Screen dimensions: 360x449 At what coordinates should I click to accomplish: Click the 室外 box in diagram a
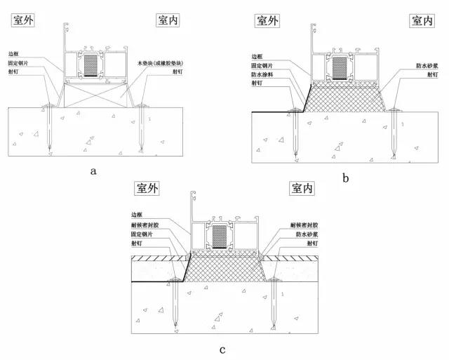coord(25,20)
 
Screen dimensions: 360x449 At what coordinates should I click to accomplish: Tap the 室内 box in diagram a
coord(170,20)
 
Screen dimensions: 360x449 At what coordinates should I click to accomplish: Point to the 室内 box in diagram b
coord(420,21)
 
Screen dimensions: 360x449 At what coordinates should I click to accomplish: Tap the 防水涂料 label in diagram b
coord(260,74)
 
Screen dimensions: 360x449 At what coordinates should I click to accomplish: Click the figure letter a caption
coord(93,169)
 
